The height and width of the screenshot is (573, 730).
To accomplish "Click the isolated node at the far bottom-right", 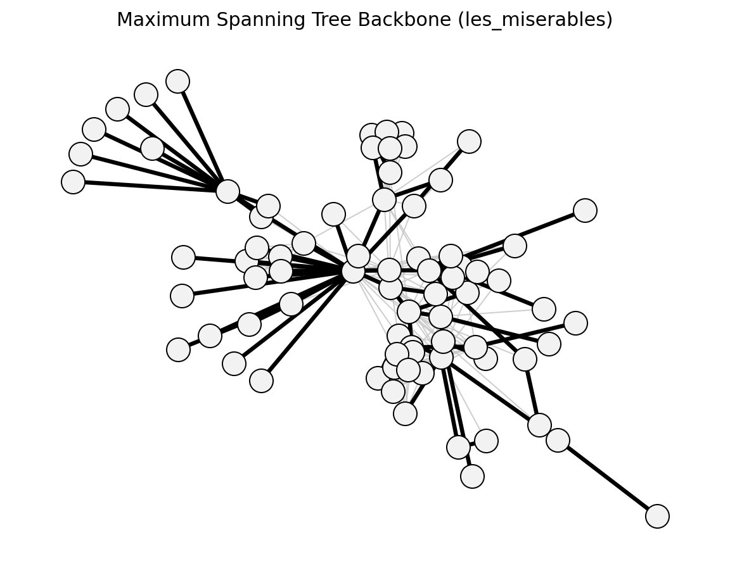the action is pos(657,516).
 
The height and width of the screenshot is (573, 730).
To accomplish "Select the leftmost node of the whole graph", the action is pos(73,182).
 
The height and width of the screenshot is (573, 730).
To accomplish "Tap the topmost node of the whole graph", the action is pos(178,82).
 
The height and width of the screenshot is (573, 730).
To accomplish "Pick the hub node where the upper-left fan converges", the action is pos(227,192).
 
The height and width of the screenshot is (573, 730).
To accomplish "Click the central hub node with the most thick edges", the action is pos(354,271).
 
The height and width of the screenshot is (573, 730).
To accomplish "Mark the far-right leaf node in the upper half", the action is pos(586,211).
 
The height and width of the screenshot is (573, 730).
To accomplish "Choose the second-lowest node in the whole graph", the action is pos(473,476).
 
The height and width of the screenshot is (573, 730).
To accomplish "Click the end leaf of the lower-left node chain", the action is pos(178,349).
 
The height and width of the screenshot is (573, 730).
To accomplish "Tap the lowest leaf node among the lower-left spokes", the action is pos(261,381).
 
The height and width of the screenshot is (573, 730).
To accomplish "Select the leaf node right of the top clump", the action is pos(470,141).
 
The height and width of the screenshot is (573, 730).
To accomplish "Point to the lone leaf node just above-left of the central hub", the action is pos(333,215).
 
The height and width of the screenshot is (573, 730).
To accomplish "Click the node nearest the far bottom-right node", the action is pos(558,440).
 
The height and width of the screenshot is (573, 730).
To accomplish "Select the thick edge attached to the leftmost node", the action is pos(150,187).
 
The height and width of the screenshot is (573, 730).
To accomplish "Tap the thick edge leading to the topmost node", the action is pos(203,136).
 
